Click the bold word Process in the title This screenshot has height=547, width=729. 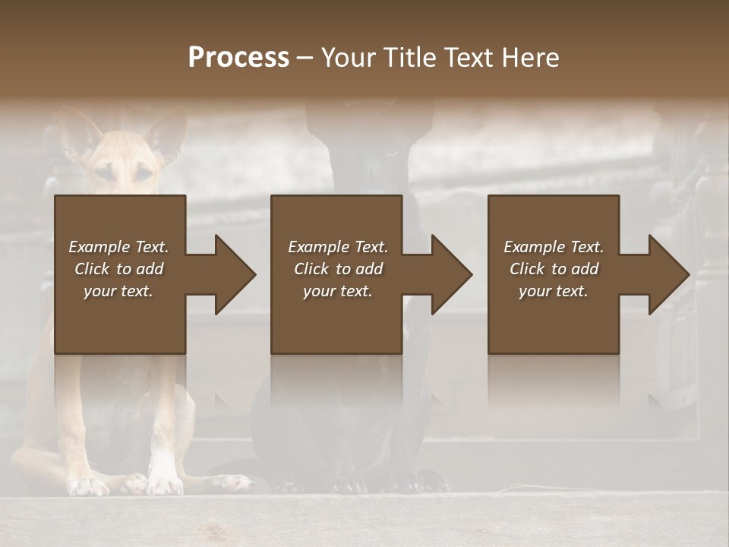click(238, 58)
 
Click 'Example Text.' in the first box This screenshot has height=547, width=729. click(118, 247)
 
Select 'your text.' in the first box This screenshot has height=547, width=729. click(118, 291)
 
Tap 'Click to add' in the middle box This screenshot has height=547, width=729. click(338, 269)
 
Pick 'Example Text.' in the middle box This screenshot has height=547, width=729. click(338, 247)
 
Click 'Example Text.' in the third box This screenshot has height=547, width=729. click(554, 247)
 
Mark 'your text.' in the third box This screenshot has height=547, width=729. click(554, 291)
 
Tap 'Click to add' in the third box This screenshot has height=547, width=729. click(554, 269)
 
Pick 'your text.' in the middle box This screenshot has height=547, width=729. click(338, 291)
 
